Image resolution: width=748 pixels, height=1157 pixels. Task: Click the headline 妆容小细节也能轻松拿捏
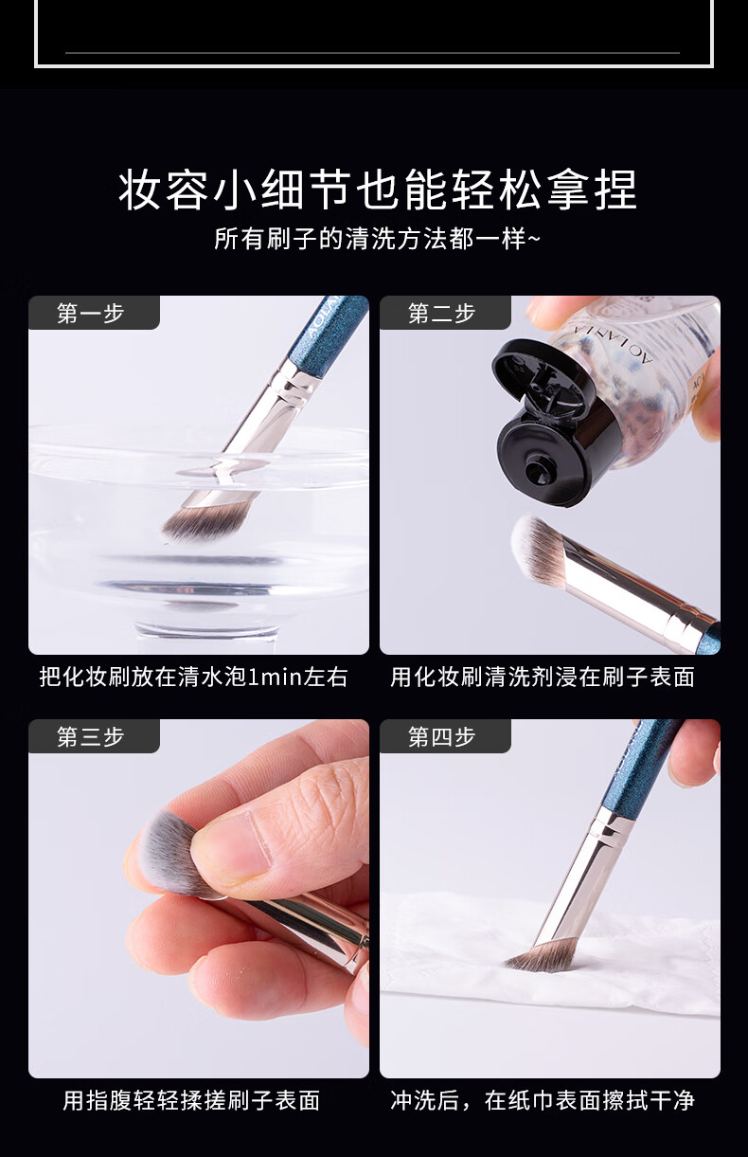tap(378, 190)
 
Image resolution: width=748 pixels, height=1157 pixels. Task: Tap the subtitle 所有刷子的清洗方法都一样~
tap(377, 238)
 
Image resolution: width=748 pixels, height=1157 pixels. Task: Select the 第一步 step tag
tap(91, 314)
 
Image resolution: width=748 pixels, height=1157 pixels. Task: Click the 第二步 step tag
tap(442, 314)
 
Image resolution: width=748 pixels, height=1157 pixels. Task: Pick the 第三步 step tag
tap(91, 736)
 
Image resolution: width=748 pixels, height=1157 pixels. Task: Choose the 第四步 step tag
tap(442, 736)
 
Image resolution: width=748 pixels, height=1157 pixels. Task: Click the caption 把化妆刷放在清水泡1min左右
tap(193, 677)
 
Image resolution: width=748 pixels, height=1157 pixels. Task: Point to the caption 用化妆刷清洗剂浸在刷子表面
tap(543, 677)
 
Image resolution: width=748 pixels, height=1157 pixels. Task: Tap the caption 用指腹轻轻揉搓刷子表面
tap(191, 1100)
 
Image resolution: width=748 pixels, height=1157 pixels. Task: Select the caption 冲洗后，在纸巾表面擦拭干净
tap(543, 1100)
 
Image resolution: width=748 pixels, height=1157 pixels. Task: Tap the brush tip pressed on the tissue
tap(540, 957)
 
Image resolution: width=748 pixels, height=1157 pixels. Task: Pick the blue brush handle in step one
tap(331, 327)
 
